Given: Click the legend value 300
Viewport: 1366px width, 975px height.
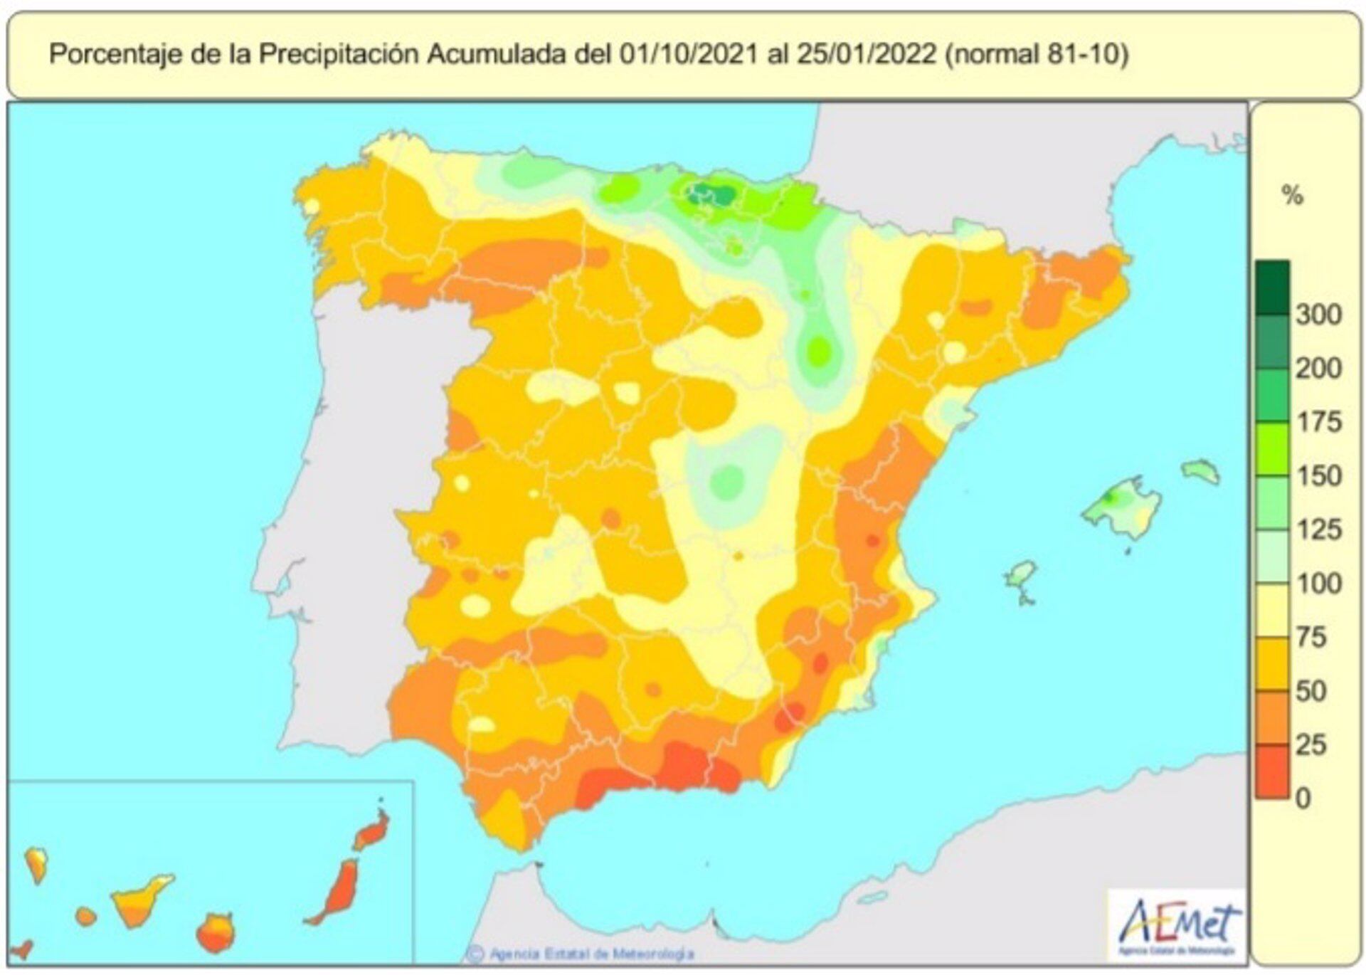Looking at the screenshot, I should click(x=1318, y=314).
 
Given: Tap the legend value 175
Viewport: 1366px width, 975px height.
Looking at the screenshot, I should click(x=1318, y=421).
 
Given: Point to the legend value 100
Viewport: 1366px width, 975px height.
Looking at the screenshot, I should click(x=1318, y=583).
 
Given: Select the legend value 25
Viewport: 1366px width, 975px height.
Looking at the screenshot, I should click(x=1311, y=744).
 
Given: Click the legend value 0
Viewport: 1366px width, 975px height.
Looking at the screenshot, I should click(x=1303, y=798).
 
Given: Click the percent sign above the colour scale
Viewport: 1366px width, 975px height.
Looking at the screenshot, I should click(x=1292, y=195).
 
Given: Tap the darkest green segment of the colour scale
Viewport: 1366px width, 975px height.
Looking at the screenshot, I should click(x=1272, y=288).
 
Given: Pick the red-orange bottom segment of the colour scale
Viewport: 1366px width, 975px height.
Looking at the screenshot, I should click(x=1272, y=771).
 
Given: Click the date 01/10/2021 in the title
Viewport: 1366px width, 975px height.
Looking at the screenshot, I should click(x=688, y=54).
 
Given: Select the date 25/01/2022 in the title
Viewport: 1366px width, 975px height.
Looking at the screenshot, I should click(x=866, y=54).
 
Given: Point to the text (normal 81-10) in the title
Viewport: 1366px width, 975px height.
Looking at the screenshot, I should click(x=1037, y=54).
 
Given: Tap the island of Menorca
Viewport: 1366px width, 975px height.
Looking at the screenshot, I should click(x=1201, y=471).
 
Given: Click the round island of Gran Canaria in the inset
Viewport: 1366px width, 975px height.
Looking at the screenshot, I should click(x=214, y=933).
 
